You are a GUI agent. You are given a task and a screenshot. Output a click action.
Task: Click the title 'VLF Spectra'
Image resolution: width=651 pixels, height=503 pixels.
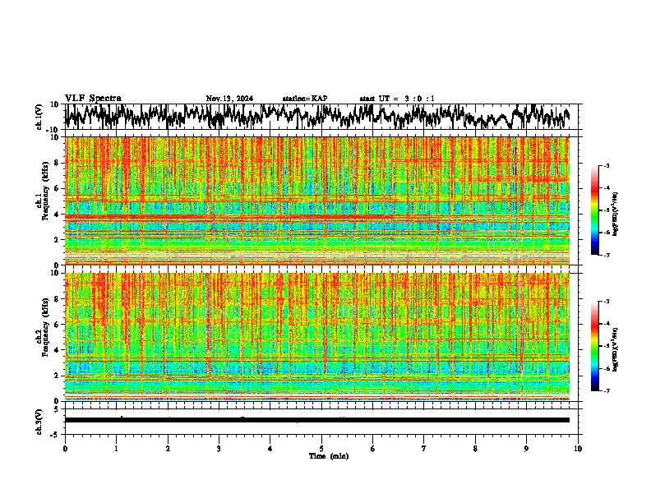click(x=93, y=98)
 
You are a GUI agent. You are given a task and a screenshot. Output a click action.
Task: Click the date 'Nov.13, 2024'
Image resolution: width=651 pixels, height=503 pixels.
click(x=229, y=99)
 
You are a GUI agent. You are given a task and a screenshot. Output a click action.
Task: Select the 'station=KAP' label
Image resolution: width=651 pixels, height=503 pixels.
click(x=305, y=99)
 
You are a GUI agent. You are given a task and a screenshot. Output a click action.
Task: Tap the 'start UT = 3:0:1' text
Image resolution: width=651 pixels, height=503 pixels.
click(x=397, y=99)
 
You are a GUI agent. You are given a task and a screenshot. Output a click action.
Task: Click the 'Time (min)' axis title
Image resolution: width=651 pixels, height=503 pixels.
click(x=328, y=455)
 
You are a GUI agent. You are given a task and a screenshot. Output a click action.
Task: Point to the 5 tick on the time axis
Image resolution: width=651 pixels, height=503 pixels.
click(x=321, y=449)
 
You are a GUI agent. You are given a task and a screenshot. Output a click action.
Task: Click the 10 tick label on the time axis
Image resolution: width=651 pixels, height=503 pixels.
click(x=578, y=449)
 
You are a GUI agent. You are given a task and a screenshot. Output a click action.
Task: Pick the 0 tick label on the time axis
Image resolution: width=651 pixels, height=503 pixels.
click(x=65, y=449)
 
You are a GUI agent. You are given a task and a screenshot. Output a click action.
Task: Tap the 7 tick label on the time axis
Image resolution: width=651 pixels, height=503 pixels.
click(x=424, y=449)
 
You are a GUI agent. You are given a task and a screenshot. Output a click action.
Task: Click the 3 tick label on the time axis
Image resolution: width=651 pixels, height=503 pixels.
click(x=219, y=449)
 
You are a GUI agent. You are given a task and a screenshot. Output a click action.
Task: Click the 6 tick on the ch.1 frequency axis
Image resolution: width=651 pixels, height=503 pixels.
click(x=57, y=188)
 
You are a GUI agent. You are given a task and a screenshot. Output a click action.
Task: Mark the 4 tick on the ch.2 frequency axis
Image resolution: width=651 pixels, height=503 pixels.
click(x=57, y=349)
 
